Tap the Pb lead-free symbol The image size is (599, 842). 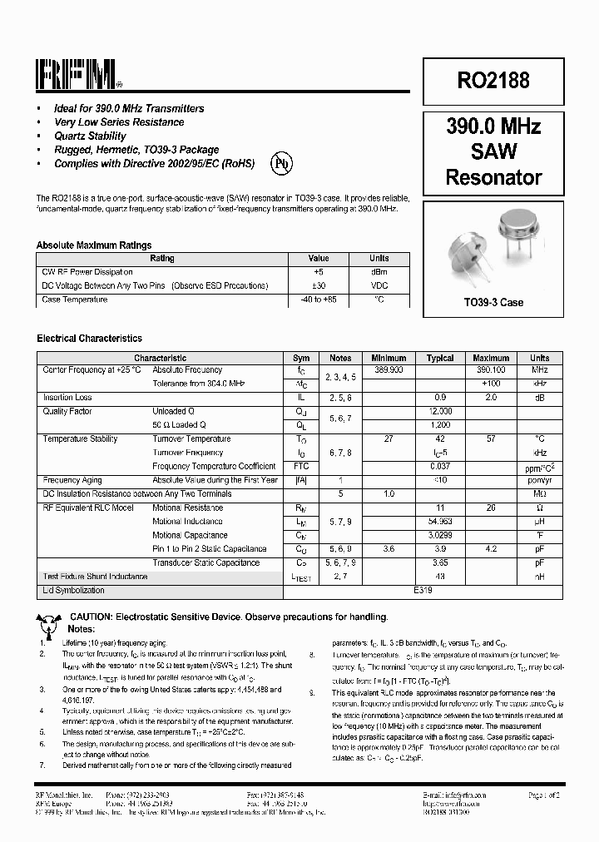(282, 164)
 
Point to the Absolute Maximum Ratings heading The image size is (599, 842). (94, 245)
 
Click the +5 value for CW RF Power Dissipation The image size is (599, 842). (319, 272)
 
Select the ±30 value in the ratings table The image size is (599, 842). (319, 285)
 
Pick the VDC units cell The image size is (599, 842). (379, 285)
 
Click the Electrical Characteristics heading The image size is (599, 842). (89, 339)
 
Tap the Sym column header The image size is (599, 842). (301, 358)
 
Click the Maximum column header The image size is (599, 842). (490, 358)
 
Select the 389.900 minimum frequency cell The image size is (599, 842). (389, 369)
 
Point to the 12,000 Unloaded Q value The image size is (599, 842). (440, 411)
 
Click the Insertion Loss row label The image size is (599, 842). (67, 398)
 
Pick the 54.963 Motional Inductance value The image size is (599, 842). (440, 522)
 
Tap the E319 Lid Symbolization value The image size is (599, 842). (423, 590)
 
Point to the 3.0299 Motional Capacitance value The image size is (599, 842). (440, 535)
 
